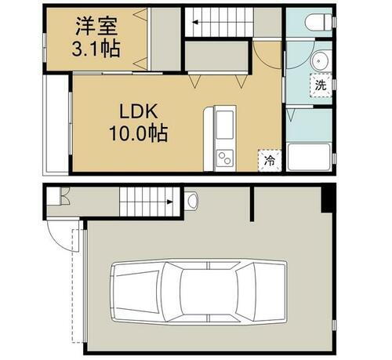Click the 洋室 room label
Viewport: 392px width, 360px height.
point(97,26)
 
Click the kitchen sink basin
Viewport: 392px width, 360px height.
point(223,124)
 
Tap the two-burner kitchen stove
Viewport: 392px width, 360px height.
point(223,156)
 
